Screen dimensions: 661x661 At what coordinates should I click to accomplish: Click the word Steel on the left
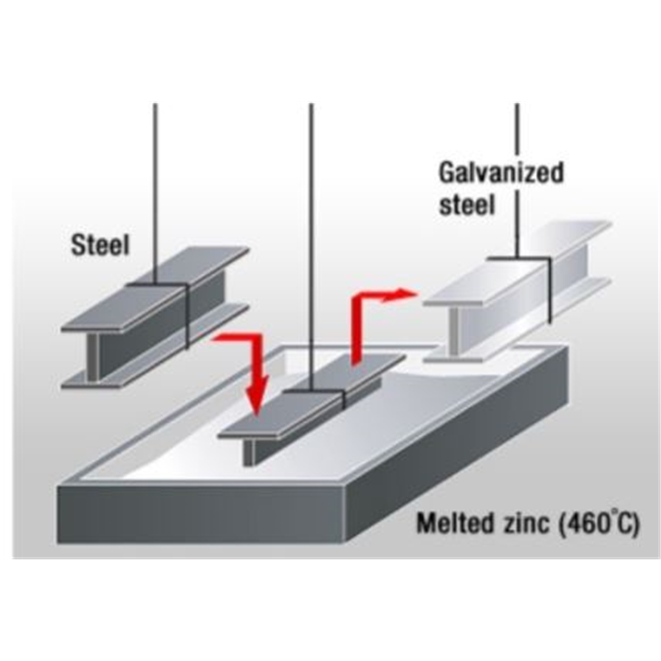(100, 245)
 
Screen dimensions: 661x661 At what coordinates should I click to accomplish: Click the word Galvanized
(501, 173)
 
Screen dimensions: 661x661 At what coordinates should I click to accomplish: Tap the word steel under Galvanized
(466, 205)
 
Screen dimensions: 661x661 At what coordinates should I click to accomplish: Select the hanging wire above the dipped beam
(312, 247)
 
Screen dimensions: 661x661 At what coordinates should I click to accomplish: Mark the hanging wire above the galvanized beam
(518, 181)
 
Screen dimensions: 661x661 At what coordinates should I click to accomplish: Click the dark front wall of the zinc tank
(201, 514)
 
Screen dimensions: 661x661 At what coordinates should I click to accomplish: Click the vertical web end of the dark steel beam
(94, 356)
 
